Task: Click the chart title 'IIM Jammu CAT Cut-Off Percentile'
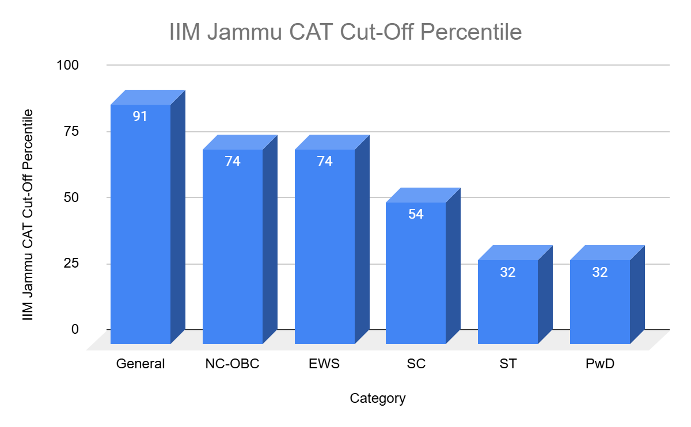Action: [x=345, y=32]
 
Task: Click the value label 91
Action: [x=141, y=116]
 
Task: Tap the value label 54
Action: [x=416, y=214]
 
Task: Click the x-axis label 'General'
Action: [x=141, y=364]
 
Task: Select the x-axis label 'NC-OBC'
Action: [x=233, y=364]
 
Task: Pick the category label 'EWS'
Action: [x=325, y=364]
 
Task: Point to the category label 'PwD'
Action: [x=600, y=364]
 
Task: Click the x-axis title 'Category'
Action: [x=378, y=398]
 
